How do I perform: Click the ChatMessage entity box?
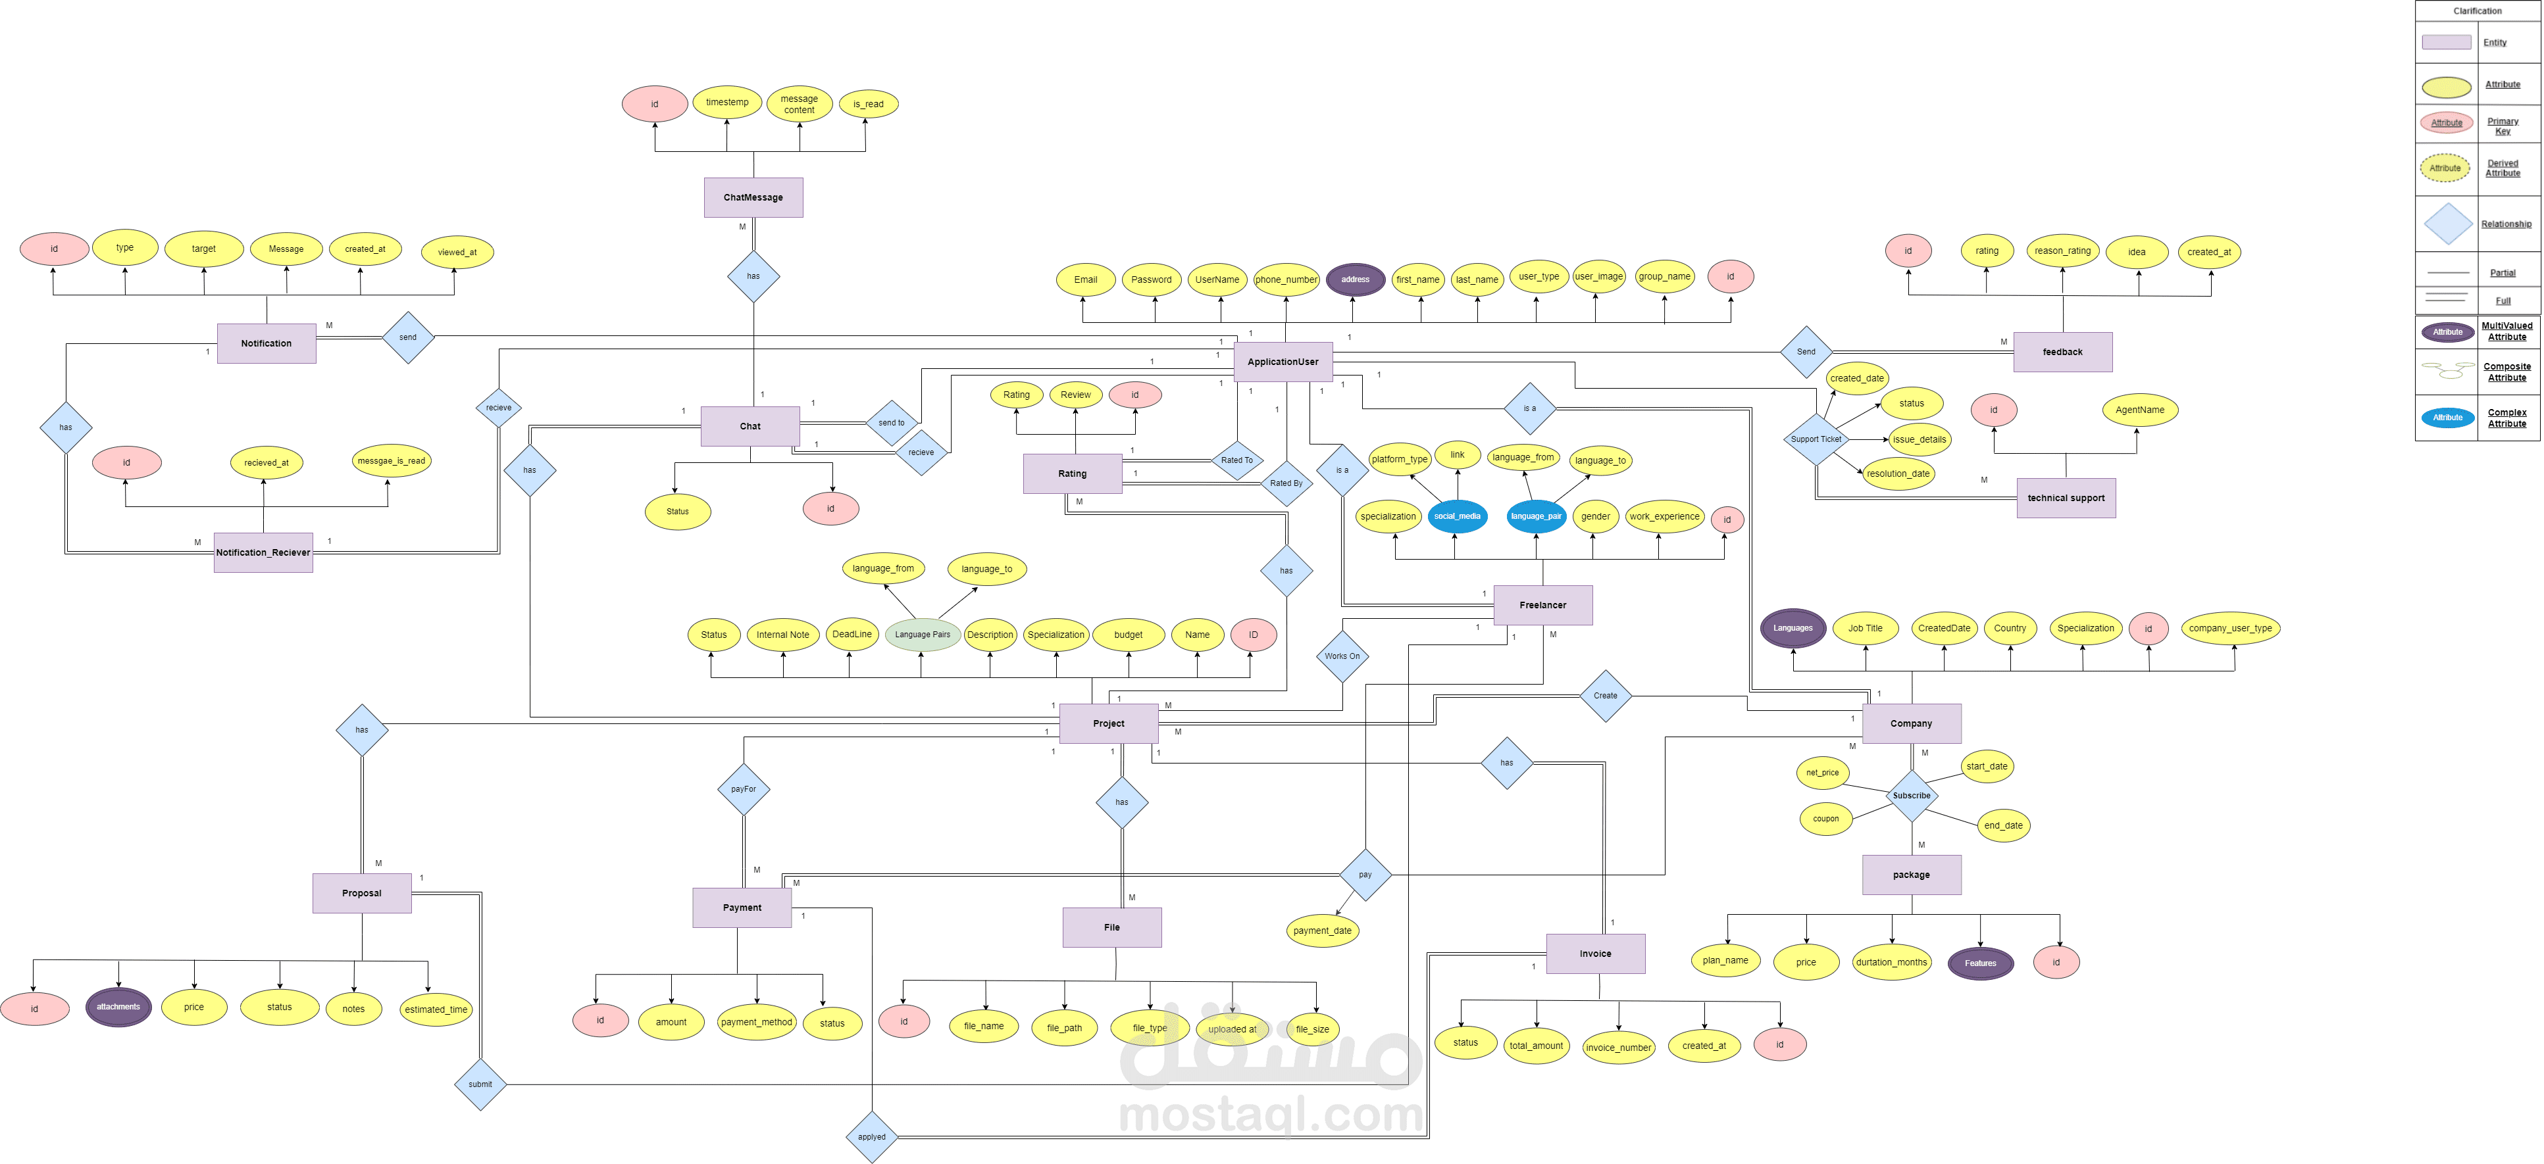[753, 197]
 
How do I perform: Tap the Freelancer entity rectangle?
[1542, 605]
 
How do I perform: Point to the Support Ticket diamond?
[1815, 439]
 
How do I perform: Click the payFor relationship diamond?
[743, 789]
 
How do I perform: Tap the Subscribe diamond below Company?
[1911, 796]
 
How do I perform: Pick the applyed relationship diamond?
[871, 1136]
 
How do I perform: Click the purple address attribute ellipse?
[1355, 279]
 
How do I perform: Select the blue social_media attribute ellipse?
[1457, 516]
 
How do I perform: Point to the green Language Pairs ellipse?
[923, 635]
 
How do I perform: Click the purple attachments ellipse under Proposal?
[118, 1007]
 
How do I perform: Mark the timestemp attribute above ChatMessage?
[727, 103]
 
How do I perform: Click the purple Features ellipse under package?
[1979, 963]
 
